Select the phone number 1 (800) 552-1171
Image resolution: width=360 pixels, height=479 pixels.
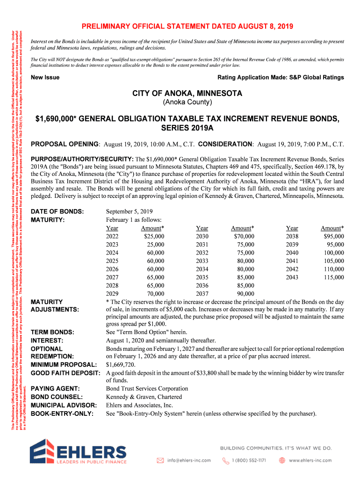point(249,460)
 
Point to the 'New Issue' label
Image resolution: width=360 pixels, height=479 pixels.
point(45,77)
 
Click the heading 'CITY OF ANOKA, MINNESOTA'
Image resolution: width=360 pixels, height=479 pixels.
point(187,94)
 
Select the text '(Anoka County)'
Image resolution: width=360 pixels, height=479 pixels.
point(187,102)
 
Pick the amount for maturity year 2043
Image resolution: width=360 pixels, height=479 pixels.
point(334,277)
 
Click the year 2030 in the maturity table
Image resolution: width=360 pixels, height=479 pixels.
point(202,236)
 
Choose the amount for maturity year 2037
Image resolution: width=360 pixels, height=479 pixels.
point(245,294)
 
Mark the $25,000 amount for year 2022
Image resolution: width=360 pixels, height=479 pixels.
point(154,236)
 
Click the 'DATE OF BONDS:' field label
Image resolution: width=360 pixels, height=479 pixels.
point(57,211)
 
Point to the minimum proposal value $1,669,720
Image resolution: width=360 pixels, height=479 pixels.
point(121,364)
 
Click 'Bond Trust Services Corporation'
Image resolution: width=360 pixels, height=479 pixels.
point(147,389)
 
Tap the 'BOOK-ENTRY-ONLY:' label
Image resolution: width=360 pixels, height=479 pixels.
point(62,414)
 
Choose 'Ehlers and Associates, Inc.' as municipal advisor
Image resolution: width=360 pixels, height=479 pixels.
point(139,405)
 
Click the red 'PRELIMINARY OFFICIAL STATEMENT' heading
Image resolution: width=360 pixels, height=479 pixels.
point(188,26)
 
